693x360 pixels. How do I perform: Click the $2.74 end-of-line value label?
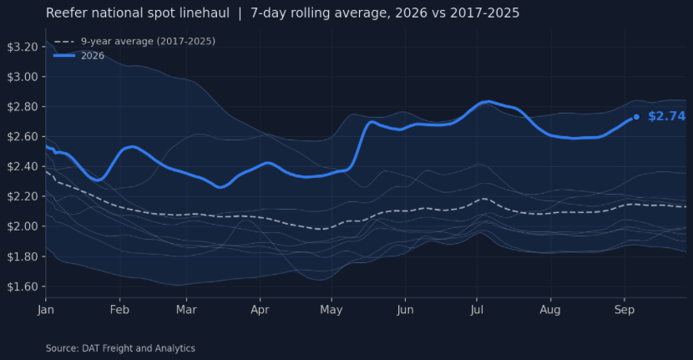(666, 116)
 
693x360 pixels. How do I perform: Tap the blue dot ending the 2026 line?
(636, 117)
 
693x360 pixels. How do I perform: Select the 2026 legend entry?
(79, 56)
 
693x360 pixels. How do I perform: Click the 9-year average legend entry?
(134, 41)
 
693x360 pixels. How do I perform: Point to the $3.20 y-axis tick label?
(23, 47)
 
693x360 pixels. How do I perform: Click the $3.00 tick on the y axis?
(23, 77)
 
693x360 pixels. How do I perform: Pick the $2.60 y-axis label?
(23, 137)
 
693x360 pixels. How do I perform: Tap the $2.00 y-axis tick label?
(23, 226)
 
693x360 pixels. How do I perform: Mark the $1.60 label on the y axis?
(23, 286)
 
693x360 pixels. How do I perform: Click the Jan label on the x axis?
(46, 310)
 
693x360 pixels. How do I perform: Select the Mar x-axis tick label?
(186, 310)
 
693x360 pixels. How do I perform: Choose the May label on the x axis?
(331, 310)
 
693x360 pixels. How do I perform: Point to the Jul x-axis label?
(477, 310)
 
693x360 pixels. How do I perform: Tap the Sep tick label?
(625, 310)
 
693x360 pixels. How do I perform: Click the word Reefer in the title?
(62, 13)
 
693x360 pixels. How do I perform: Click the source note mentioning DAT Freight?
(121, 348)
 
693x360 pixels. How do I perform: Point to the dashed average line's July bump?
(484, 199)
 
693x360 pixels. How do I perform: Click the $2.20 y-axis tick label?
(23, 196)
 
